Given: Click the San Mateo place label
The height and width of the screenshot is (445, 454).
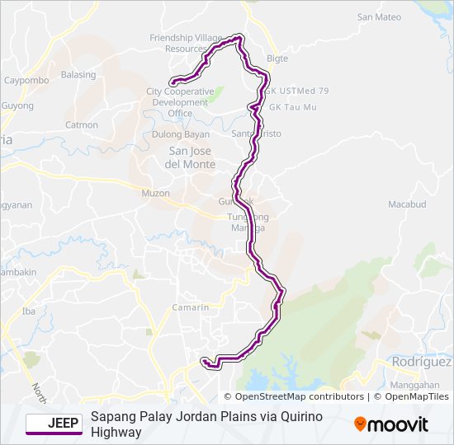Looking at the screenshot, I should pos(379,16).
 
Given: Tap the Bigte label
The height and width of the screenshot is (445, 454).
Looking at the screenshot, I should pos(277,59).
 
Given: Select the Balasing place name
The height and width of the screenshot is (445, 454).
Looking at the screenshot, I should pos(78,74).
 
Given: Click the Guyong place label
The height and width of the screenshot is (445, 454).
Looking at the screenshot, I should pos(17,106).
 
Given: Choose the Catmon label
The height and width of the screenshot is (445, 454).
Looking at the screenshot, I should pos(82,125).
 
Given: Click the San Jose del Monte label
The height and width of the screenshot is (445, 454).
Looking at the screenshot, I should pos(192,157).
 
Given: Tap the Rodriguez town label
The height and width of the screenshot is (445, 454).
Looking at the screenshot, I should pos(421,362).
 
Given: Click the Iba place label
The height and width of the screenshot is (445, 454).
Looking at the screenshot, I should pos(29,311).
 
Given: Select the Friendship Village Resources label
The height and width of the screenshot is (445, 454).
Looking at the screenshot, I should pos(185,43).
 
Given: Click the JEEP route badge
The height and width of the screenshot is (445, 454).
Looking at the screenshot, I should pos(54,424).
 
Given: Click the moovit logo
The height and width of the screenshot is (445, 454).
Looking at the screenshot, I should pos(391,424).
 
